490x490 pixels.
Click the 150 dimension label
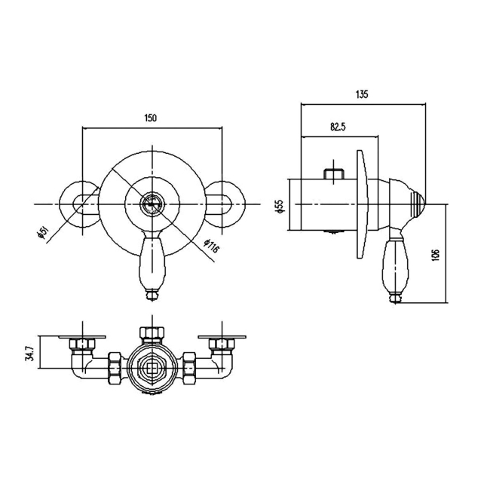tap(150, 118)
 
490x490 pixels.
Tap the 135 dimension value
tap(362, 94)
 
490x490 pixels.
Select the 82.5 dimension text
tap(338, 127)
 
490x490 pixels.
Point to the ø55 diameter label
tap(280, 207)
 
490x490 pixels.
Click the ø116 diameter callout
tap(211, 247)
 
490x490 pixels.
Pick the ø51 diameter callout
tap(43, 233)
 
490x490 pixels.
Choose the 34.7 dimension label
tap(29, 353)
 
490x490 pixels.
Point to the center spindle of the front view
tap(152, 204)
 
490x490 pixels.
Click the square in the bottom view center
tap(152, 369)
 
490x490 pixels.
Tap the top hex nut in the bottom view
tap(152, 332)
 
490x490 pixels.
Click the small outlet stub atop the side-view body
tap(334, 173)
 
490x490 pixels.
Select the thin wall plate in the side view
tap(363, 204)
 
